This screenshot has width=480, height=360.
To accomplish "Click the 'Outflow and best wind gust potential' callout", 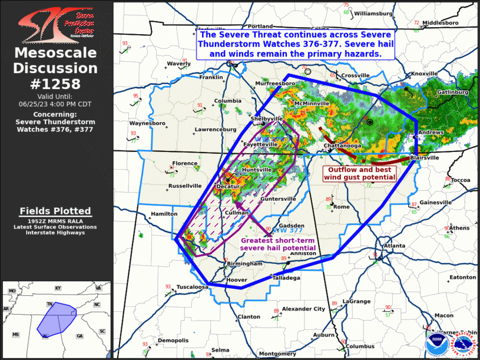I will point(360,173).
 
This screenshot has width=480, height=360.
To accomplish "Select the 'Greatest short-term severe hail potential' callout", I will point(278,245).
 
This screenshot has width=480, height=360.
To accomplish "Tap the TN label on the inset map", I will point(50,305).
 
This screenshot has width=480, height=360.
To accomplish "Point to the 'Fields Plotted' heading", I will point(55,211).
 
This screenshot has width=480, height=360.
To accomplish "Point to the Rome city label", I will point(342,207).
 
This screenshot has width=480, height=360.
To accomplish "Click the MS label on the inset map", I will point(15,334).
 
